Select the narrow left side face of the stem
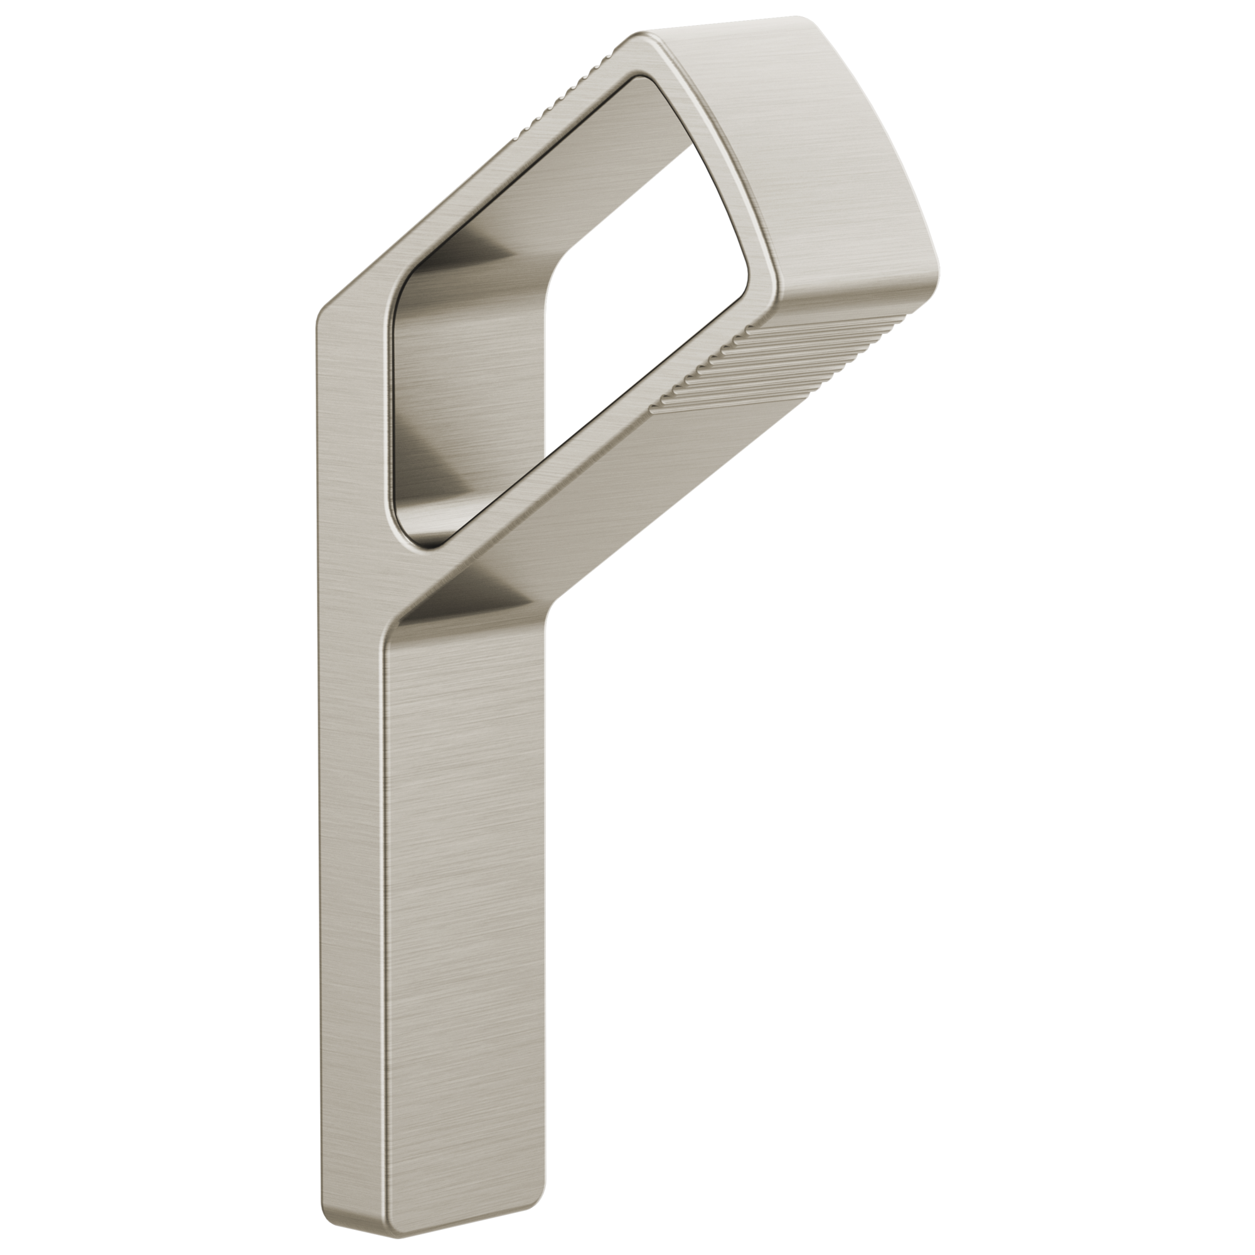coord(351,779)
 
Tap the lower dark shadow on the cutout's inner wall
coord(442,474)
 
